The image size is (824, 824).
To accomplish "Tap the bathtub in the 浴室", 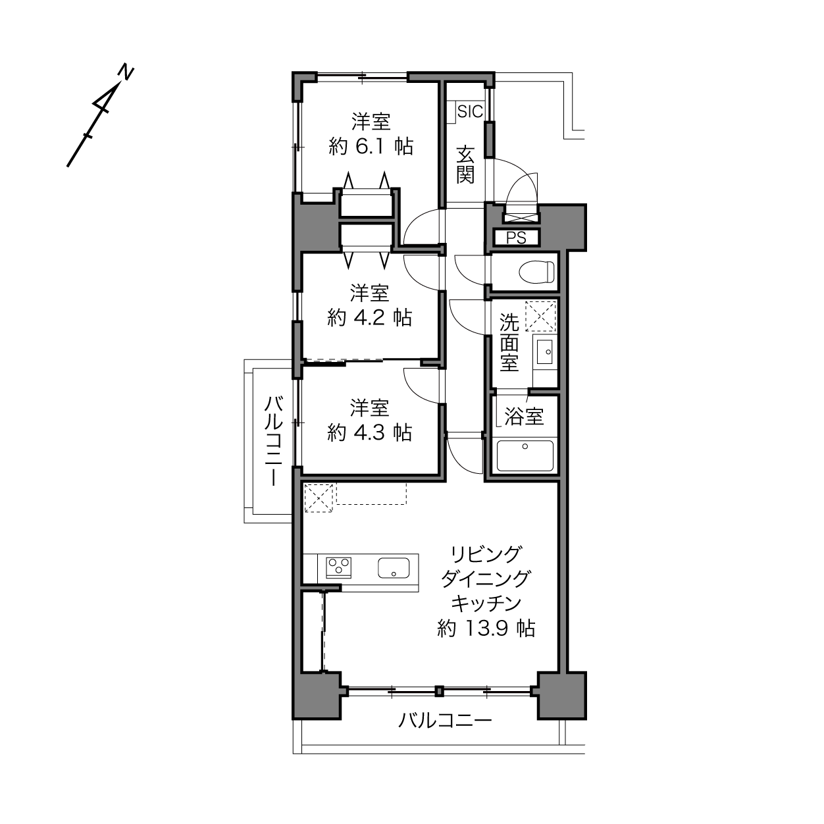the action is tap(525, 455).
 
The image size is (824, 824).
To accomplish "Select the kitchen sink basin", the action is tap(394, 568).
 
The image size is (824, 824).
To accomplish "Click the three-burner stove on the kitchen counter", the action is tap(339, 567).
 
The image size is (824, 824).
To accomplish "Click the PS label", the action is tap(516, 238).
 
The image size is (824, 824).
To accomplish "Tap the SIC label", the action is tap(470, 112).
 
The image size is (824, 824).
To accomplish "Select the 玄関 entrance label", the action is tap(465, 165).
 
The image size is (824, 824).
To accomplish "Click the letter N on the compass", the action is tap(126, 72).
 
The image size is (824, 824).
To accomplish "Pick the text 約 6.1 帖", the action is tap(371, 147).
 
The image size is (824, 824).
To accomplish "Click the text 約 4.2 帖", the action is tap(369, 318).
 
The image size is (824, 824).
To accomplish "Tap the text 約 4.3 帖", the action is tap(369, 433).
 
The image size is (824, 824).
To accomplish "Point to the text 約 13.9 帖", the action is tap(486, 629).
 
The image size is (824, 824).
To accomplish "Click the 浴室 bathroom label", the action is tap(524, 416).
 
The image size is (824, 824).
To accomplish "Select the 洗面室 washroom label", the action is tap(509, 342).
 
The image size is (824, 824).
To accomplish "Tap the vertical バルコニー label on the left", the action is tap(273, 441).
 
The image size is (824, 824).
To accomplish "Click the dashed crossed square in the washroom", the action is tap(540, 317).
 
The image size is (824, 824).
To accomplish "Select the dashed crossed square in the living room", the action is tap(318, 498).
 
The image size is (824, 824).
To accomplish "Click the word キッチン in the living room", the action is tap(486, 604).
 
